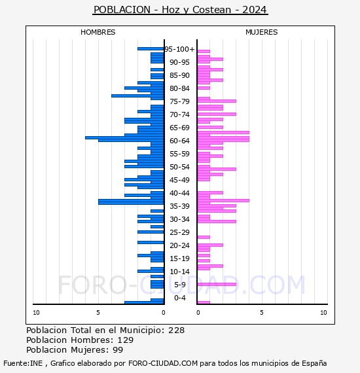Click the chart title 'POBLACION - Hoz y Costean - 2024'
point(180,10)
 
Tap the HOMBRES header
point(98,32)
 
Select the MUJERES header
point(262,32)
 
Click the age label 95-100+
point(179,49)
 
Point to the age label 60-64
point(179,141)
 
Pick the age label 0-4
point(180,298)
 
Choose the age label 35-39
point(179,206)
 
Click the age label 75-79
point(179,101)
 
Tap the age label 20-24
point(179,245)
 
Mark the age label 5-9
point(180,285)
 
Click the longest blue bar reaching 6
point(124,137)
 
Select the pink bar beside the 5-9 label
point(217,284)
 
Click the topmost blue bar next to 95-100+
point(151,49)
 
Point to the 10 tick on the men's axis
point(36,313)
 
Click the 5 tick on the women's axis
point(262,313)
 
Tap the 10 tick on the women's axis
point(323,313)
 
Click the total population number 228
point(176,330)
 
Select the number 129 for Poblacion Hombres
point(126,340)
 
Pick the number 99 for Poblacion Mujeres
point(118,350)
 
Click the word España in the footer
point(314,363)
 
